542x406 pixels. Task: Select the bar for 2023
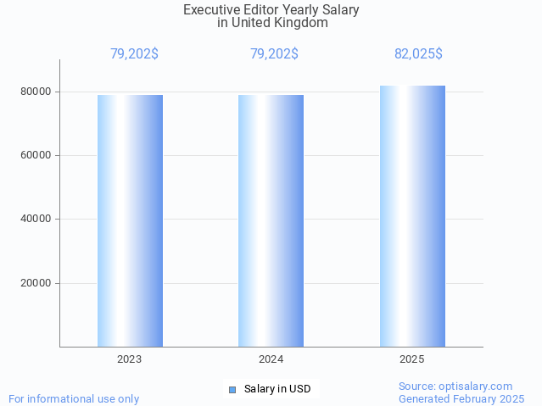(130, 220)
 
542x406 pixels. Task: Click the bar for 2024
(271, 220)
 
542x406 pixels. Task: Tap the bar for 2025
(412, 216)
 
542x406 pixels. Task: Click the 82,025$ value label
(418, 54)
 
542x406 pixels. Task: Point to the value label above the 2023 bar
(134, 54)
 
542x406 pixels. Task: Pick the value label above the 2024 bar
(274, 54)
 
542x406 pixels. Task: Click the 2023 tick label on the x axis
(130, 359)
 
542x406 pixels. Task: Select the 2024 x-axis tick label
(271, 359)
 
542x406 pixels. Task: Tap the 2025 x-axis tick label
(412, 359)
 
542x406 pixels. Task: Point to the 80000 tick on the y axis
(36, 92)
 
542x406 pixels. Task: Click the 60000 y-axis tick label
(36, 155)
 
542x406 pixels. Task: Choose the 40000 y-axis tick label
(36, 220)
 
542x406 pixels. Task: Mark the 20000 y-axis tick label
(36, 283)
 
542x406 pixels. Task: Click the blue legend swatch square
(232, 390)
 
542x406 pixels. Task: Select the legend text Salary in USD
(277, 390)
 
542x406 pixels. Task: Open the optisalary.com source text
(455, 386)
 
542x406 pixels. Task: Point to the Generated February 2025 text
(461, 398)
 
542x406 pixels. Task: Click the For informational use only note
(74, 398)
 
